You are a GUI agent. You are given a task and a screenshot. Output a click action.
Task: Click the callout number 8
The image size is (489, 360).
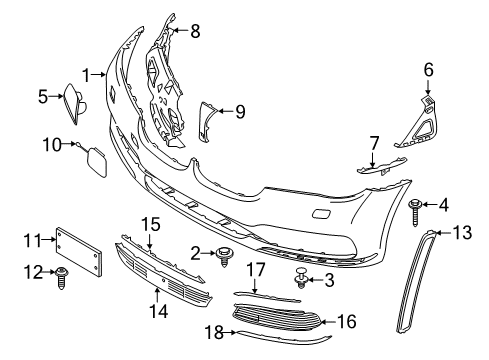pos(195,30)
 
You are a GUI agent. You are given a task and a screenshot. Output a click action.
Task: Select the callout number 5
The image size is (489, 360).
pos(43,97)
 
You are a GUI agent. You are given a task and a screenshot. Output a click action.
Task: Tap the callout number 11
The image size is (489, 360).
pos(31,240)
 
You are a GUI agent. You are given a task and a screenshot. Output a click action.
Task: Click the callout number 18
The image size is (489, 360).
pos(213,331)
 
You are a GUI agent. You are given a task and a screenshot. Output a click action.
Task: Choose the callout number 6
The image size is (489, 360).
pos(428,69)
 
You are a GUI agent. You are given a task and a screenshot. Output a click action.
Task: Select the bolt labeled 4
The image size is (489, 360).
pos(414,208)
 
